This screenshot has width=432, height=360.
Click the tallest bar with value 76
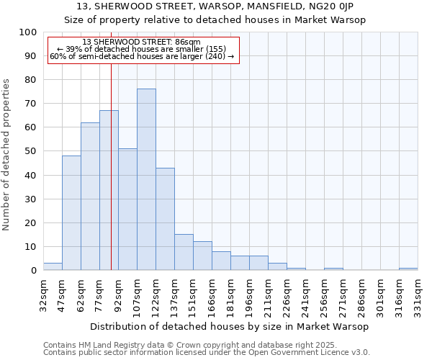click(146, 179)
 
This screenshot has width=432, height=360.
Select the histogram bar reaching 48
click(71, 212)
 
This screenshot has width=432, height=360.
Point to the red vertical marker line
click(111, 166)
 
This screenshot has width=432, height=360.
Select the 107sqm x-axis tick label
click(137, 295)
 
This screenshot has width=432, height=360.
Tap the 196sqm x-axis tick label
click(249, 295)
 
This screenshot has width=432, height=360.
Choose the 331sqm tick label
click(418, 295)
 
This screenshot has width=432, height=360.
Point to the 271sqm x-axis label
click(343, 295)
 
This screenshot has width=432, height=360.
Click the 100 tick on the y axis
click(28, 32)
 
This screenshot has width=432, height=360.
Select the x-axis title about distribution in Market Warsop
click(230, 326)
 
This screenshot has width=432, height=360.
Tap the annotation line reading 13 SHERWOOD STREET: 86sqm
click(142, 42)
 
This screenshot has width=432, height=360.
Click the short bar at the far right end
click(408, 269)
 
